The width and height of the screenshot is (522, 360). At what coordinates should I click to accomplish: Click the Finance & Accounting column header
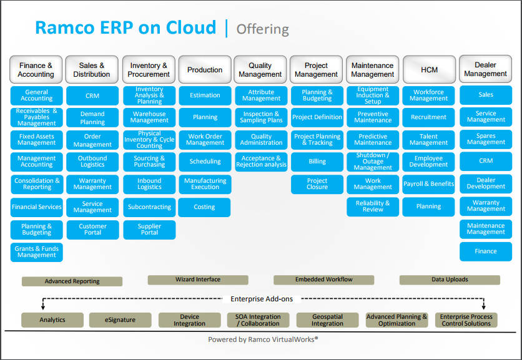click(36, 69)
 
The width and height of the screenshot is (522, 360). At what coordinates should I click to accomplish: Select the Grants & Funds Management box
click(36, 251)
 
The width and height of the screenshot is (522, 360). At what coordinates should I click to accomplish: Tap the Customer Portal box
click(92, 230)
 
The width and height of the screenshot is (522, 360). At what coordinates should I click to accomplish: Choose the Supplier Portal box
click(149, 230)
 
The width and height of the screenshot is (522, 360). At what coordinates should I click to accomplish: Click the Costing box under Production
click(204, 207)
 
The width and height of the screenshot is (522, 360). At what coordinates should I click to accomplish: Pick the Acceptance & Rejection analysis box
click(261, 162)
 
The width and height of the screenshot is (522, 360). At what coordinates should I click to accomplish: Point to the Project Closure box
click(317, 184)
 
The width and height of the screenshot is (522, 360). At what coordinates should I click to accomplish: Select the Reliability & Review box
click(373, 207)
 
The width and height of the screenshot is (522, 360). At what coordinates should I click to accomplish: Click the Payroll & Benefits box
click(428, 184)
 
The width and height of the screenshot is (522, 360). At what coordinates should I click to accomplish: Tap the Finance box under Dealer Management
click(485, 251)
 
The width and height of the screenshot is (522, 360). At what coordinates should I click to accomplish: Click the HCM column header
click(428, 70)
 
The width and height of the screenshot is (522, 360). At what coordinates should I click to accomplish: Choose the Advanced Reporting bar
click(72, 281)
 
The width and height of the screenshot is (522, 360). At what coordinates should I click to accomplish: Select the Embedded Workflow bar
click(323, 280)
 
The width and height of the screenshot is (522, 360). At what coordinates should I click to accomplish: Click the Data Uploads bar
click(450, 280)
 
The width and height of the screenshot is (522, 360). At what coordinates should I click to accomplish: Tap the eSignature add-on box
click(121, 320)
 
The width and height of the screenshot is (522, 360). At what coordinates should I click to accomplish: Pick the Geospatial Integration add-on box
click(327, 320)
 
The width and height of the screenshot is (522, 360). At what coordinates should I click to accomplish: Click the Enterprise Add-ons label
click(260, 299)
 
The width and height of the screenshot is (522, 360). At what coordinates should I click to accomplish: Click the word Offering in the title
click(262, 29)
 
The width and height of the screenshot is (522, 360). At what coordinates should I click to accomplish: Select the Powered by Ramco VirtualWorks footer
click(263, 339)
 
